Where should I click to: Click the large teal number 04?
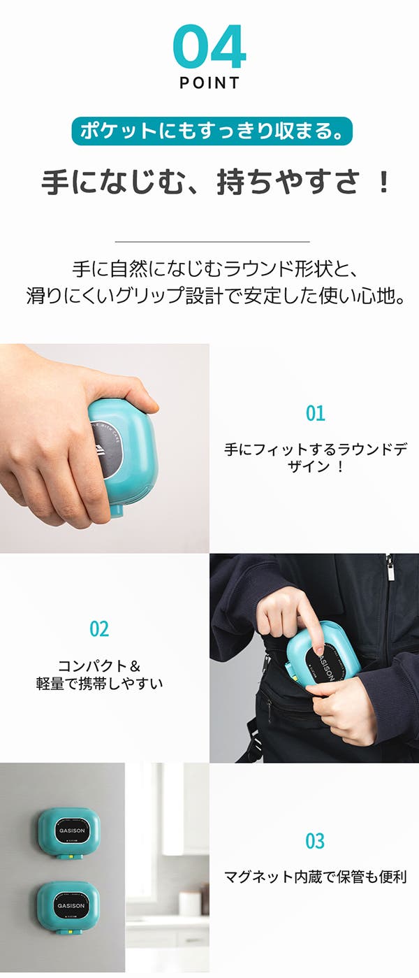(209, 46)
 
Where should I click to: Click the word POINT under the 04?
(209, 83)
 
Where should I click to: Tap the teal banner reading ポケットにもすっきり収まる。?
(212, 131)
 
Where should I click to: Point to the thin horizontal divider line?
(212, 241)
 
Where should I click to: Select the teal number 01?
(315, 413)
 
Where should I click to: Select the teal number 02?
(99, 629)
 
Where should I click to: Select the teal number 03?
(315, 841)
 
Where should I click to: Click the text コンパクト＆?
(99, 666)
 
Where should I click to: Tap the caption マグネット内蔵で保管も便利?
(315, 876)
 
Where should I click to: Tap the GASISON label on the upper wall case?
(72, 830)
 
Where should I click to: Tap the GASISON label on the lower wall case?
(71, 905)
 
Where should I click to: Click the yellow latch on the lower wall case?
(69, 931)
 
